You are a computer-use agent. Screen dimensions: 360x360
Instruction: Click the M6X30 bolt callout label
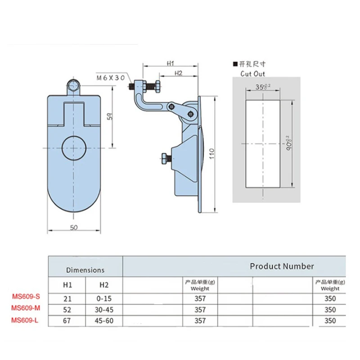click(x=111, y=78)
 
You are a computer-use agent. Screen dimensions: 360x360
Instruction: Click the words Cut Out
click(x=252, y=73)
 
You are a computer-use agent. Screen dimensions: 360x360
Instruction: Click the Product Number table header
click(x=282, y=266)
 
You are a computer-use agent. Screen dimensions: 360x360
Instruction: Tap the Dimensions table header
click(x=85, y=270)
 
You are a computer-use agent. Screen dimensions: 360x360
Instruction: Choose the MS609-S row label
click(x=25, y=297)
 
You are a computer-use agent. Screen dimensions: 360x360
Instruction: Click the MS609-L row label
click(x=25, y=321)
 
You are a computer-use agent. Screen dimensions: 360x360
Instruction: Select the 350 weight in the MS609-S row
click(x=330, y=298)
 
